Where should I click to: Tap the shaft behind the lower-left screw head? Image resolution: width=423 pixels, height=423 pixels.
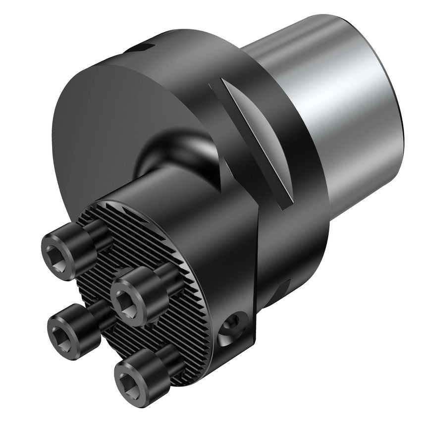click(x=102, y=312)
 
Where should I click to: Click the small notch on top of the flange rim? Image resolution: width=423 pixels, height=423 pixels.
click(x=144, y=48)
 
